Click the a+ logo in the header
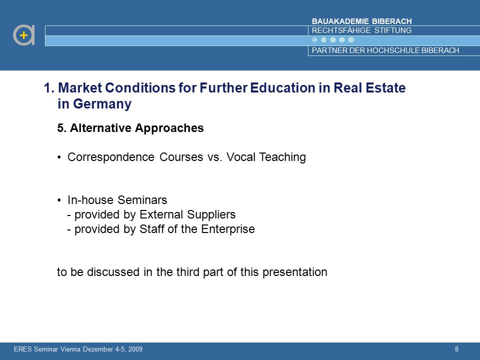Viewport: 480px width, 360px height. (24, 35)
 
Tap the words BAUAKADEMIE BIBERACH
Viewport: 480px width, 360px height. (361, 21)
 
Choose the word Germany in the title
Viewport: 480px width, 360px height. (102, 104)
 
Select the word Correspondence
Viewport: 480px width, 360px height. (111, 157)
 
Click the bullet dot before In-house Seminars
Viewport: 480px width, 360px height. (59, 200)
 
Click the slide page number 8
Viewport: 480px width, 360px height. (456, 349)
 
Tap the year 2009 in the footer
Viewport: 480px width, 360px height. (135, 349)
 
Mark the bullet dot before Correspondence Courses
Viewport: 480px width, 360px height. (59, 157)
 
